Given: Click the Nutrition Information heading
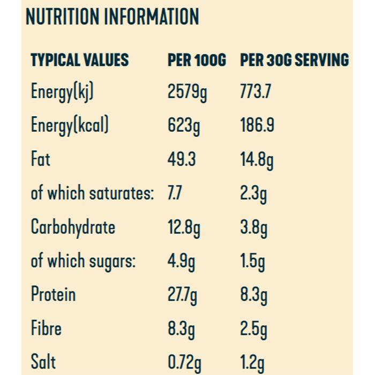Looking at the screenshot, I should (112, 17).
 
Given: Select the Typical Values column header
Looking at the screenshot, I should (79, 59).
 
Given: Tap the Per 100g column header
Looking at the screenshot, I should (197, 59).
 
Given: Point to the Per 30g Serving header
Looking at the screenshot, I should (294, 59).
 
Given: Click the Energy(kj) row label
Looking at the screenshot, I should (63, 93).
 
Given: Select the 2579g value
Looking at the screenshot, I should (187, 93).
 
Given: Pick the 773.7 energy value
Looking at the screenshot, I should (256, 92).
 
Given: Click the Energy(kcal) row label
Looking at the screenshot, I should (70, 126).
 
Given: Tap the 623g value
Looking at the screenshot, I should (183, 126).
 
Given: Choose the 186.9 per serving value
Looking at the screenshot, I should (257, 126).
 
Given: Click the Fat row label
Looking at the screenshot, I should (41, 159).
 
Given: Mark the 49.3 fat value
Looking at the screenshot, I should (182, 160).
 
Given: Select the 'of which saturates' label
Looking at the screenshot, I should (92, 193).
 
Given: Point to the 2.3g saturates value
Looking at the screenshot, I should (253, 193).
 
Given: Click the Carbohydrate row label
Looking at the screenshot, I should (73, 227).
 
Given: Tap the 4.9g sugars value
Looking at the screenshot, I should (181, 261).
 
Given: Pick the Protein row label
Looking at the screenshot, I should (53, 294).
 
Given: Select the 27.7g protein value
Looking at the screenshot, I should (183, 295).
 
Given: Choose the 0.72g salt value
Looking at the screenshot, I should (185, 362).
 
